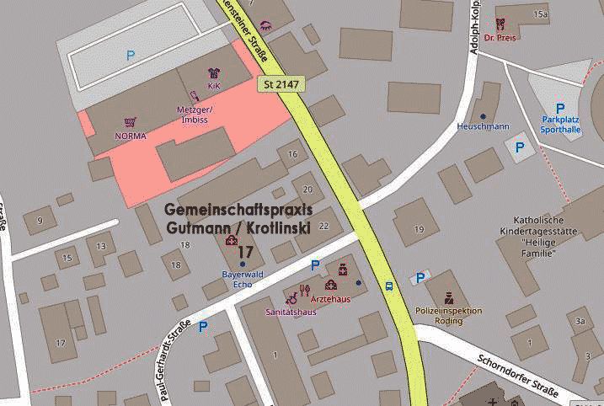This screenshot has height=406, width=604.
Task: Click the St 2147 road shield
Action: click(x=281, y=84)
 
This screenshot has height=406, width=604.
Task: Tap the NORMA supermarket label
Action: click(x=130, y=136)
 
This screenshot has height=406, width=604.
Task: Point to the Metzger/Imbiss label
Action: click(x=195, y=115)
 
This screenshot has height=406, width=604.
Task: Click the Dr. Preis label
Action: click(x=500, y=37)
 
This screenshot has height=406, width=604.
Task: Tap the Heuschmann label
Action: click(x=483, y=126)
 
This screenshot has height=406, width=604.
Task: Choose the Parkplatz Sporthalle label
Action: click(x=561, y=125)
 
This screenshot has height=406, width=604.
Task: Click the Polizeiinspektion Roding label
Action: click(x=449, y=315)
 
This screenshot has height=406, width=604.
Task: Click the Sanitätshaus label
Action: click(x=291, y=312)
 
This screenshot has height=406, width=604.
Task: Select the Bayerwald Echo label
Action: click(x=242, y=280)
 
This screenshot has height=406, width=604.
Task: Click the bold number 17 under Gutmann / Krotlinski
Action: click(x=245, y=252)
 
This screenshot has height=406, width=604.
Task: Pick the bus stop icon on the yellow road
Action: click(x=389, y=285)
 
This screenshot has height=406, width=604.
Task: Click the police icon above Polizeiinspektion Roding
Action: click(x=450, y=297)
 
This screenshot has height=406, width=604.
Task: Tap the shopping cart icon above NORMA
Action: click(x=130, y=123)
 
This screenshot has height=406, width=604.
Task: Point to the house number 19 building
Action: click(x=418, y=229)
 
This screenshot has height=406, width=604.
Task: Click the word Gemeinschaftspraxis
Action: click(x=238, y=209)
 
